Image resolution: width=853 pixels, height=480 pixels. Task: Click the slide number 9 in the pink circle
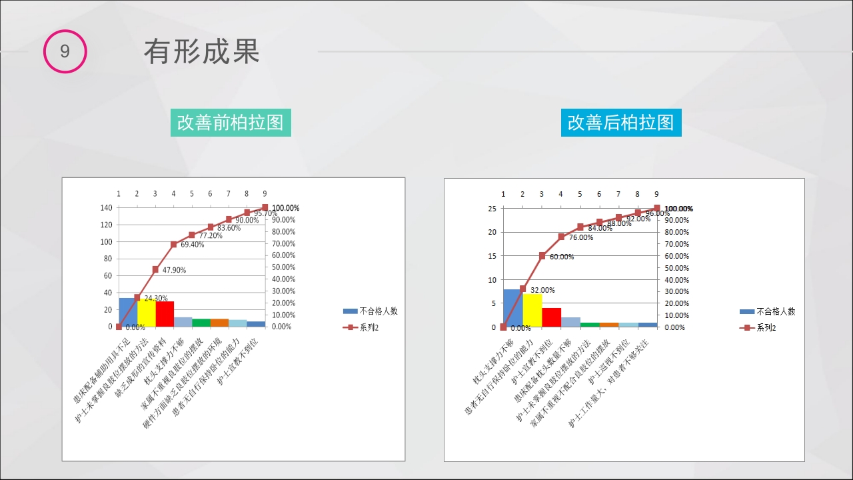[65, 51]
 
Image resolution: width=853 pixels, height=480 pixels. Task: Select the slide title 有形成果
[201, 52]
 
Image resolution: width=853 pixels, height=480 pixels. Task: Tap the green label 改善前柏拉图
[231, 123]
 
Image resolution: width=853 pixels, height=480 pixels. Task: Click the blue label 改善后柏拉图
[620, 123]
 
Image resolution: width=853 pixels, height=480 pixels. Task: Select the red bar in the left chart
[165, 314]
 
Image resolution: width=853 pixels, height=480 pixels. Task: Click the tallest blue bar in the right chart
[512, 308]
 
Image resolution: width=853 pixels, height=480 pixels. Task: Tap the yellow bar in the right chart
[532, 311]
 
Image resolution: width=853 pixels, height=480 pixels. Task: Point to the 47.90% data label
[174, 271]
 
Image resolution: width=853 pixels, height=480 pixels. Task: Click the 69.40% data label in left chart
[193, 245]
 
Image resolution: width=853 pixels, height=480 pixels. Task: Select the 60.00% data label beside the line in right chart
[562, 257]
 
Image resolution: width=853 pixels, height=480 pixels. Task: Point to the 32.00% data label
[542, 290]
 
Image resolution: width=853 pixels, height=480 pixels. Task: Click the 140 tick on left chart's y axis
[106, 207]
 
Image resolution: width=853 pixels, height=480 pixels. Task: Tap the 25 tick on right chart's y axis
[492, 209]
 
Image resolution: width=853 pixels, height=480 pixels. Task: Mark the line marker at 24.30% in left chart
[137, 297]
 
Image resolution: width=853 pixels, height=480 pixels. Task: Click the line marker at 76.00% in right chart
[561, 237]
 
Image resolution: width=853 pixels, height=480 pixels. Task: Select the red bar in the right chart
[551, 317]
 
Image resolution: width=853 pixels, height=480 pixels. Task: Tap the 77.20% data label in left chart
[211, 235]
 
